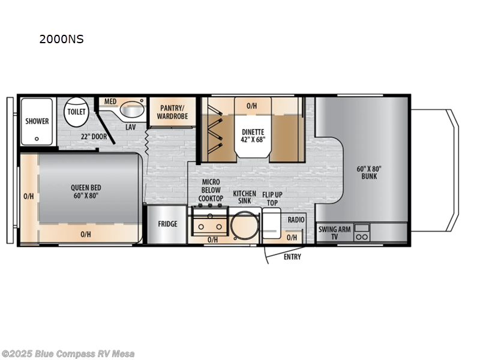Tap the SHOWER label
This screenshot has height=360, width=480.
click(x=37, y=121)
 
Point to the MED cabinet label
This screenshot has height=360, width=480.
click(x=110, y=101)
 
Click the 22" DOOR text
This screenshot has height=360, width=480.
click(x=94, y=136)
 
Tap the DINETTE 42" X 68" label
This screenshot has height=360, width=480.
click(x=253, y=136)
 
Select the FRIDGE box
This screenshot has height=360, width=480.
click(x=167, y=224)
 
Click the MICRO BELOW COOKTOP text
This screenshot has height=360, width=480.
click(x=211, y=190)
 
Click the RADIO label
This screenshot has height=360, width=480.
click(x=296, y=220)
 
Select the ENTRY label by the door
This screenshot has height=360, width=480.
click(x=292, y=257)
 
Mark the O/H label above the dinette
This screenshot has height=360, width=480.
click(x=252, y=106)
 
